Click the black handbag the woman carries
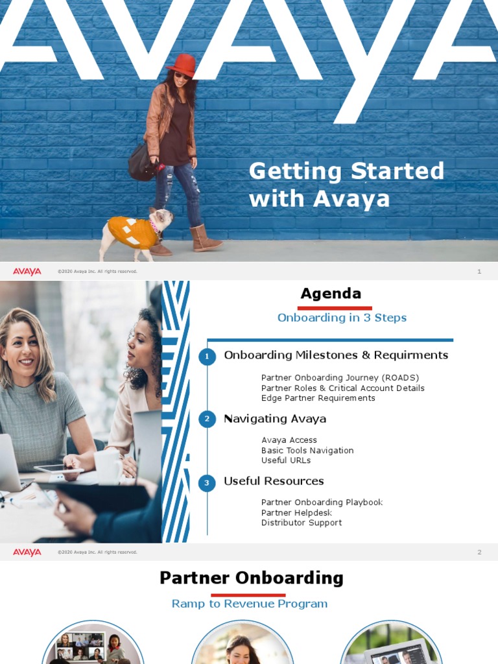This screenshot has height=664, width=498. [x=143, y=162]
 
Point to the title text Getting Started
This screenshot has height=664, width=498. [x=347, y=171]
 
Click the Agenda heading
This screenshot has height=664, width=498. [x=331, y=294]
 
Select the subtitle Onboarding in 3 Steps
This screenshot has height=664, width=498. [x=342, y=318]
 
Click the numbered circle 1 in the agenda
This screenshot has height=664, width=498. [x=207, y=357]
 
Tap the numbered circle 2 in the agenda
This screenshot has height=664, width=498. [x=207, y=420]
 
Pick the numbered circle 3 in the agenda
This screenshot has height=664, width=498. [x=207, y=482]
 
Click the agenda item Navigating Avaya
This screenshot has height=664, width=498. [x=275, y=419]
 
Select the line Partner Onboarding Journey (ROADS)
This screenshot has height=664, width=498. [x=340, y=378]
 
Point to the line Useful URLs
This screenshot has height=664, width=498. [x=286, y=460]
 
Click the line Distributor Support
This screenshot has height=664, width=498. [x=302, y=523]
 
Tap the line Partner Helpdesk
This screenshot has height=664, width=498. [x=296, y=512]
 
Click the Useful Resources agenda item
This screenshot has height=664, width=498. [x=274, y=481]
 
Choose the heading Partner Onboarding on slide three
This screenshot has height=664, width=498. [x=252, y=578]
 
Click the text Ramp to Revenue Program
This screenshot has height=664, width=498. [x=250, y=604]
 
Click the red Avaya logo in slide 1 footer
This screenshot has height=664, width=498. [x=27, y=271]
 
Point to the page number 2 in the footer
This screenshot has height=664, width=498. [x=479, y=552]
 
